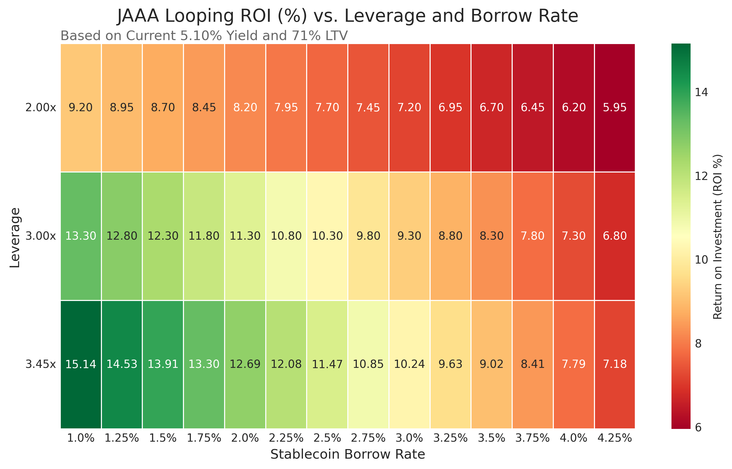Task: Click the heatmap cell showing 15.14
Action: [81, 364]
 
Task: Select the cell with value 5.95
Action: [615, 107]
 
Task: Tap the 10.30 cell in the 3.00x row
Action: [327, 236]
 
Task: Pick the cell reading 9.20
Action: [81, 107]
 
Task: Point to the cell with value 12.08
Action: [286, 364]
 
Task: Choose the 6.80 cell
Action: [615, 236]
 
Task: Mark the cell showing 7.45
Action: [368, 107]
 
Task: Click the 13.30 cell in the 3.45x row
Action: [204, 364]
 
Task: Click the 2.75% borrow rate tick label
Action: [368, 438]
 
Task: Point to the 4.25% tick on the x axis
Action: [615, 438]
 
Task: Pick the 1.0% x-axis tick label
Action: [81, 438]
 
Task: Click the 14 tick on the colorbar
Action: [701, 92]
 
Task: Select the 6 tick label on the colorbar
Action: [698, 428]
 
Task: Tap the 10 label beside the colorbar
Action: [701, 260]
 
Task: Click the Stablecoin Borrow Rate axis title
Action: [348, 454]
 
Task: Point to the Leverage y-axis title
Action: [15, 238]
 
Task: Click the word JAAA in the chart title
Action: [138, 16]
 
